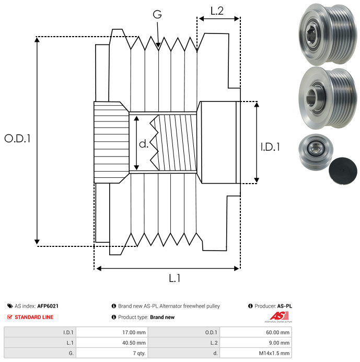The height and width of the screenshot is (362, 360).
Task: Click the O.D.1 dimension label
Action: pos(17,139)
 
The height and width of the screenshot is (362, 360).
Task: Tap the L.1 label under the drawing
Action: pos(175,278)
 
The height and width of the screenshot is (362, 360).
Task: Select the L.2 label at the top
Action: pos(217,11)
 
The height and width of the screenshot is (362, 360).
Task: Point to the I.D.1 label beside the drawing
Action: pos(270,147)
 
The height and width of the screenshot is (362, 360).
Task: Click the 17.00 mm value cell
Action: pos(134,332)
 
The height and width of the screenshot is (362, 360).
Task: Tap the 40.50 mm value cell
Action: pos(134,343)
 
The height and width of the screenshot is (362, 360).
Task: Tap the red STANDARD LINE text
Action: pos(34,317)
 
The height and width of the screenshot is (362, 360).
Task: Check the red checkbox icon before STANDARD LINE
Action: pos(9,317)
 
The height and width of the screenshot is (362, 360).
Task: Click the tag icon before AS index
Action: pos(9,306)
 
